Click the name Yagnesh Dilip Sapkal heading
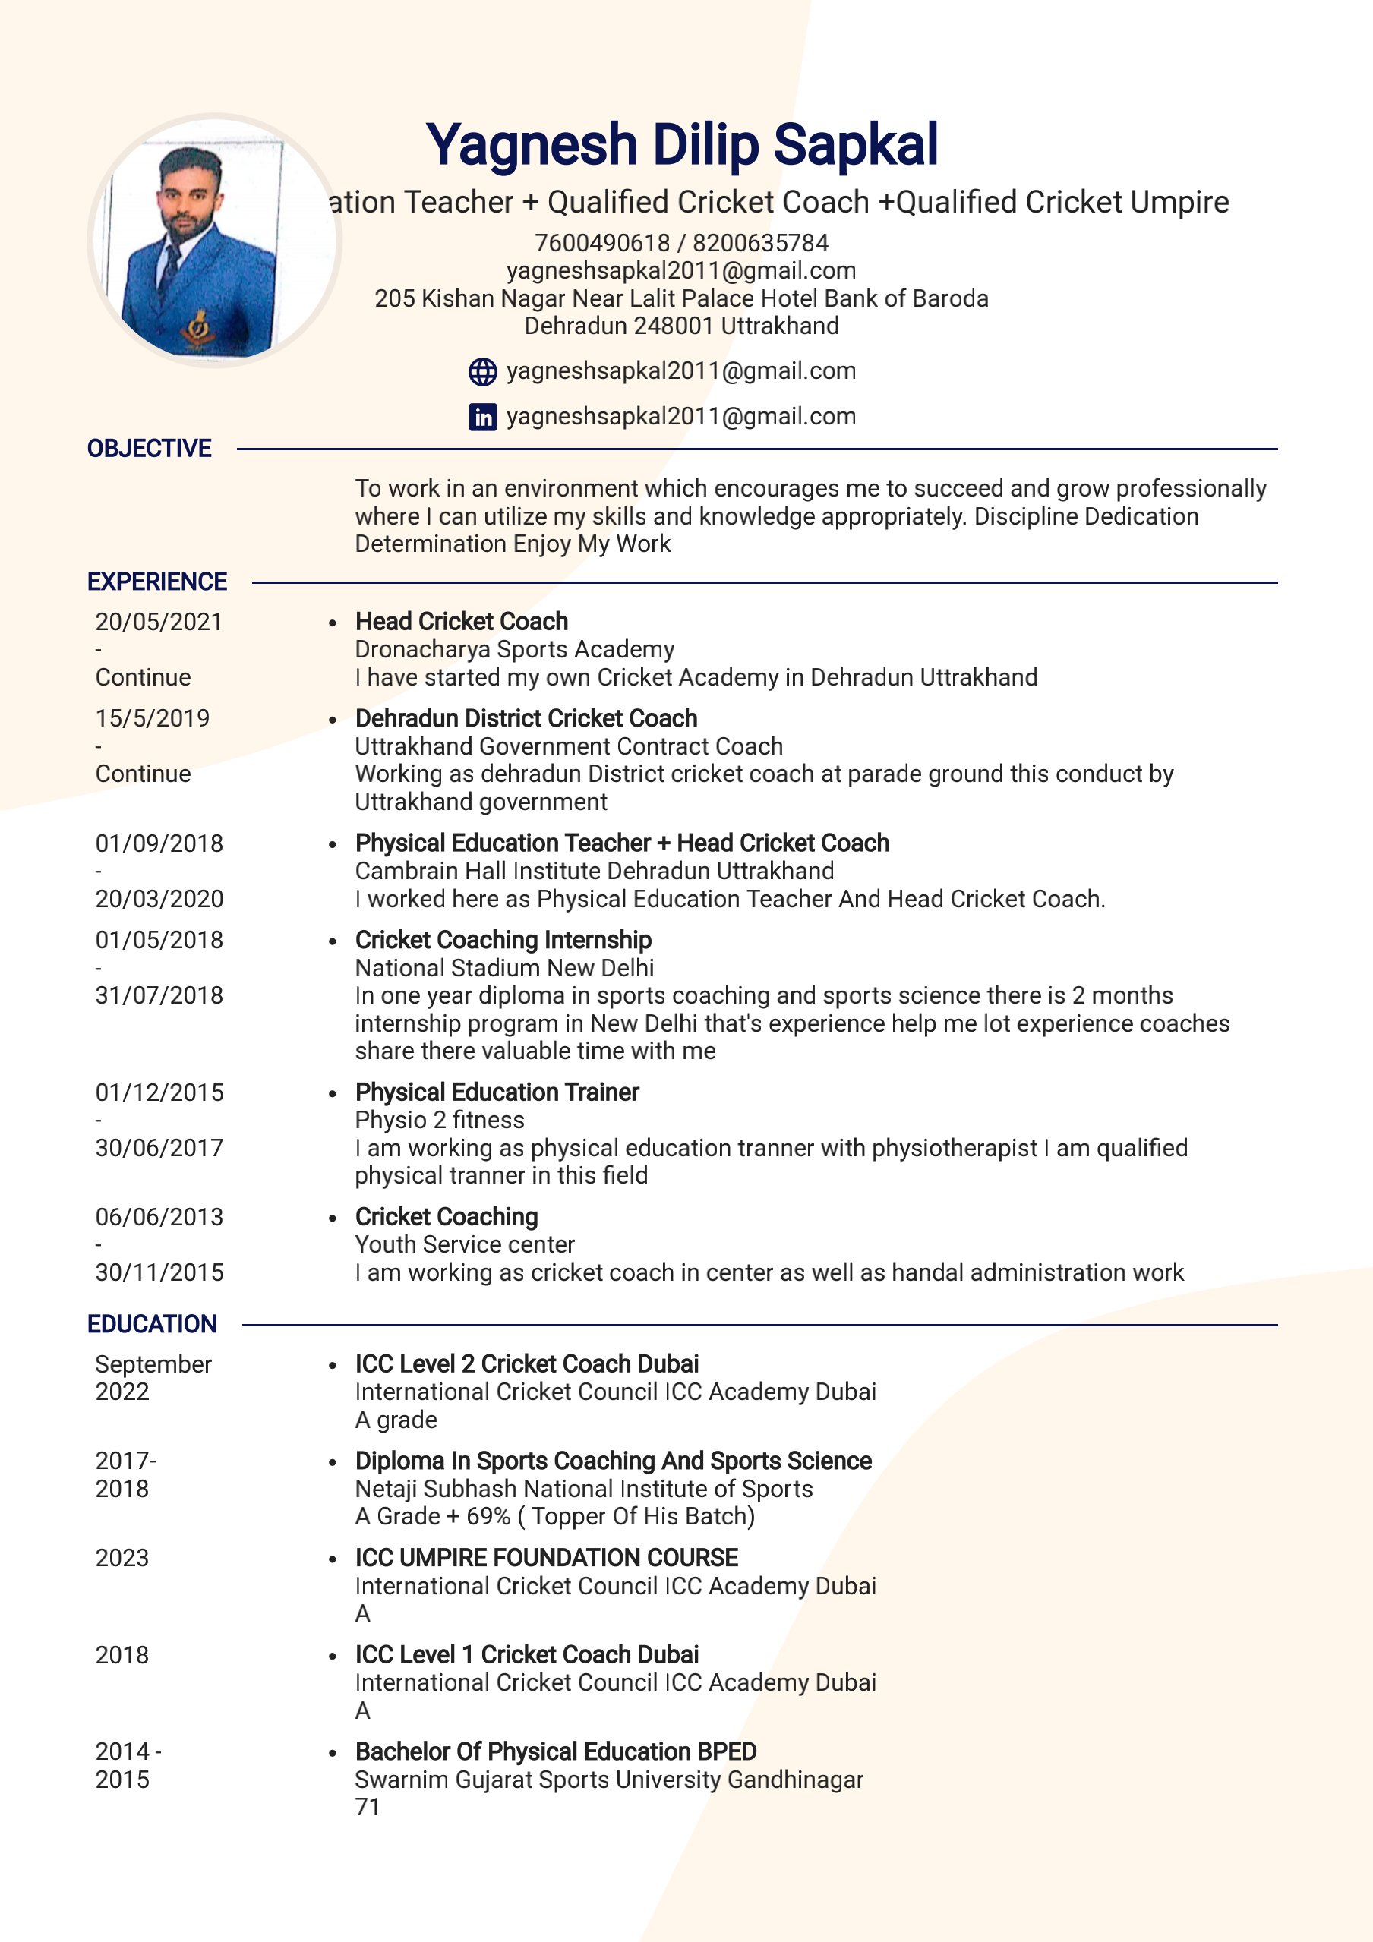coord(681,143)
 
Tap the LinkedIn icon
coord(482,416)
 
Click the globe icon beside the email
coord(482,371)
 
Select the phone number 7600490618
coord(601,243)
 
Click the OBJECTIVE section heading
coord(149,448)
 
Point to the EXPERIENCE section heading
coord(156,582)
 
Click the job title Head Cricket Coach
coord(461,622)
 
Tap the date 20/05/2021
coord(158,622)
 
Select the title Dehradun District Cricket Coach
coord(526,718)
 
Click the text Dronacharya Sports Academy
coord(514,650)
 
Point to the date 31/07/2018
coord(159,995)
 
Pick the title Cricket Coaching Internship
coord(503,940)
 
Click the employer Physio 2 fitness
coord(439,1120)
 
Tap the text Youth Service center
coord(465,1244)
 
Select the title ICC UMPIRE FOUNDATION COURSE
coord(546,1558)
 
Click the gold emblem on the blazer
coord(199,326)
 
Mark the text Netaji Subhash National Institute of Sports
coord(584,1489)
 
